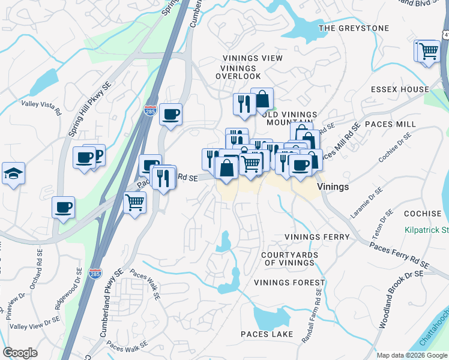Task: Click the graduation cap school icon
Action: (x=13, y=174)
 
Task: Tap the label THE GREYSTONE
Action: (x=354, y=28)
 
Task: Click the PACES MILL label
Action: (x=393, y=124)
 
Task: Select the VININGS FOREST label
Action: (x=289, y=283)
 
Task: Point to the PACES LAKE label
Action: (x=267, y=334)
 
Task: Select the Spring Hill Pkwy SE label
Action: (x=91, y=107)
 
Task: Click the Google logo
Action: (x=20, y=353)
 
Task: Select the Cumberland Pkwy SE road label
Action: (x=103, y=298)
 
